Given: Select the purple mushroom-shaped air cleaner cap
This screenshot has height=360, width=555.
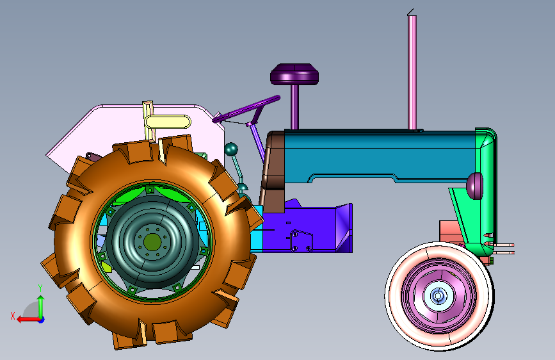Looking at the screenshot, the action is (x=294, y=74).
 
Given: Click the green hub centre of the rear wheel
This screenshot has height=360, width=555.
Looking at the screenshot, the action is (x=152, y=242).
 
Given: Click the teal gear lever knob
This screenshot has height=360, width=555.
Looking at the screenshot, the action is (x=231, y=149).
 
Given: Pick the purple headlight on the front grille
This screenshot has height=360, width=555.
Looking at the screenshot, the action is (x=474, y=186).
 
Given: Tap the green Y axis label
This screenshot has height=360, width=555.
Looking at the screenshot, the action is (x=40, y=288).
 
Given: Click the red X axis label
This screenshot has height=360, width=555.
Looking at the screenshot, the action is (x=13, y=316).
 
